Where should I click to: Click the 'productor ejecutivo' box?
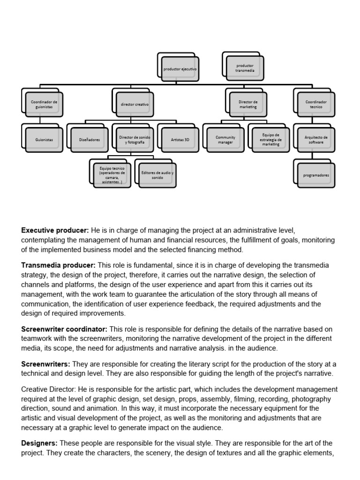coord(180,69)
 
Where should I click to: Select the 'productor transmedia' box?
coord(245,68)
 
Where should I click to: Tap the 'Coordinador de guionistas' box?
coord(45,105)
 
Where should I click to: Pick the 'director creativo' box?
coord(135,105)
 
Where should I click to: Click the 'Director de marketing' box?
coord(248,105)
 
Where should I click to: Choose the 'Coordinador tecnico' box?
coord(316,105)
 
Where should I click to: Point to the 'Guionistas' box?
coord(45,140)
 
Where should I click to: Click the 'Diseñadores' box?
coord(90,140)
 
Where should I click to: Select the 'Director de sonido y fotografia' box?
coord(135,140)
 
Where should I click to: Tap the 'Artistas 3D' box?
coord(180,140)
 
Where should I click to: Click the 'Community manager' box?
coord(225,140)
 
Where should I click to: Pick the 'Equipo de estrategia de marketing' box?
coord(271,140)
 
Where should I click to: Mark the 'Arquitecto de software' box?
coord(316,140)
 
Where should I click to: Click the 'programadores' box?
coord(316,175)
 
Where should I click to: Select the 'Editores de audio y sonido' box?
coord(157,175)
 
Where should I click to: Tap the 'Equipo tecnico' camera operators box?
coord(112,175)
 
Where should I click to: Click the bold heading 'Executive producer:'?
coord(55,231)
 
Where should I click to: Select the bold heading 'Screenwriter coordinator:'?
coord(64,330)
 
